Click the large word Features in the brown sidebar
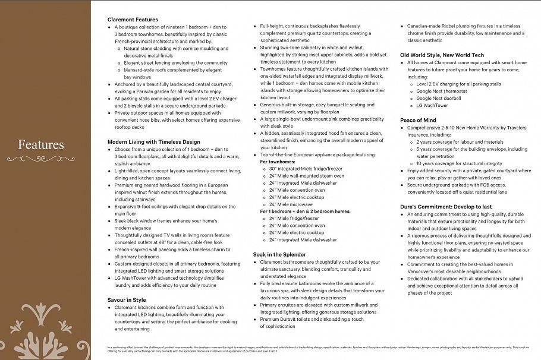pos(40,145)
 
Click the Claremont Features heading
pos(133,20)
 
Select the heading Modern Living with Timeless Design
pos(153,142)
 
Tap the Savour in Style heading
pos(127,300)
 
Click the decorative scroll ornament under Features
pos(40,159)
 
